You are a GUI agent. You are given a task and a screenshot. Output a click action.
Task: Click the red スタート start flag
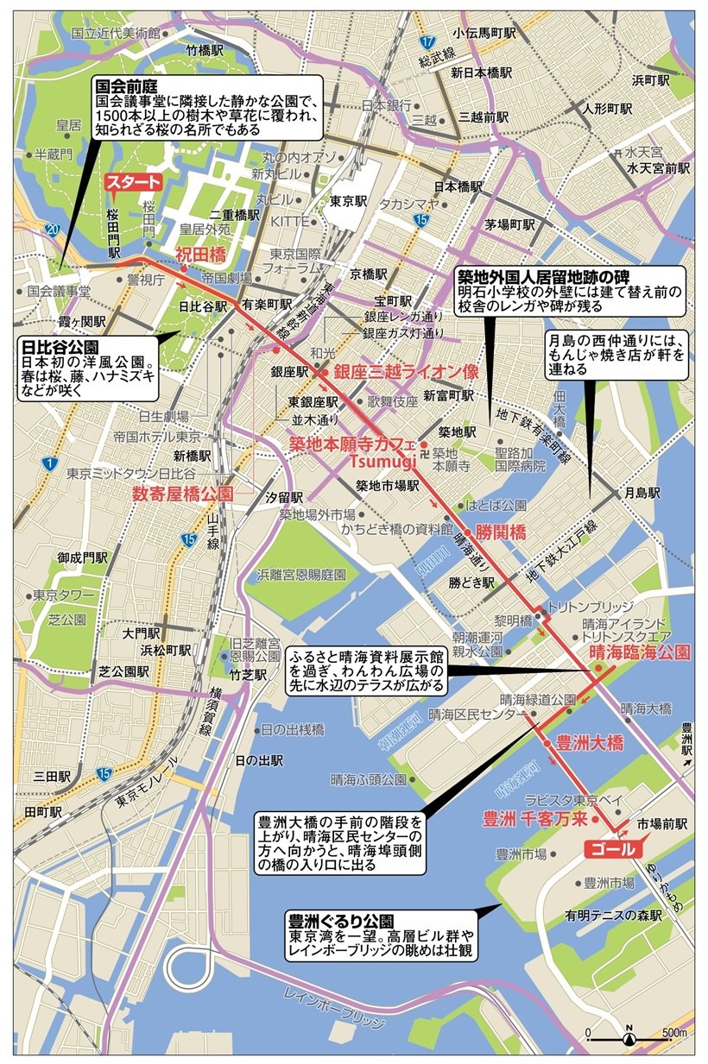click(x=132, y=182)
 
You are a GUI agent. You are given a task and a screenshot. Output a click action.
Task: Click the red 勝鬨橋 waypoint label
click(x=501, y=532)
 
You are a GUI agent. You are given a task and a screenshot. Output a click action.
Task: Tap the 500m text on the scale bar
click(x=673, y=1033)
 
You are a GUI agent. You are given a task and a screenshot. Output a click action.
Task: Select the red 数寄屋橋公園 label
click(x=183, y=494)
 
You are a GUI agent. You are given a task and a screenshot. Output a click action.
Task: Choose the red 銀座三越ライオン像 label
click(x=394, y=373)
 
